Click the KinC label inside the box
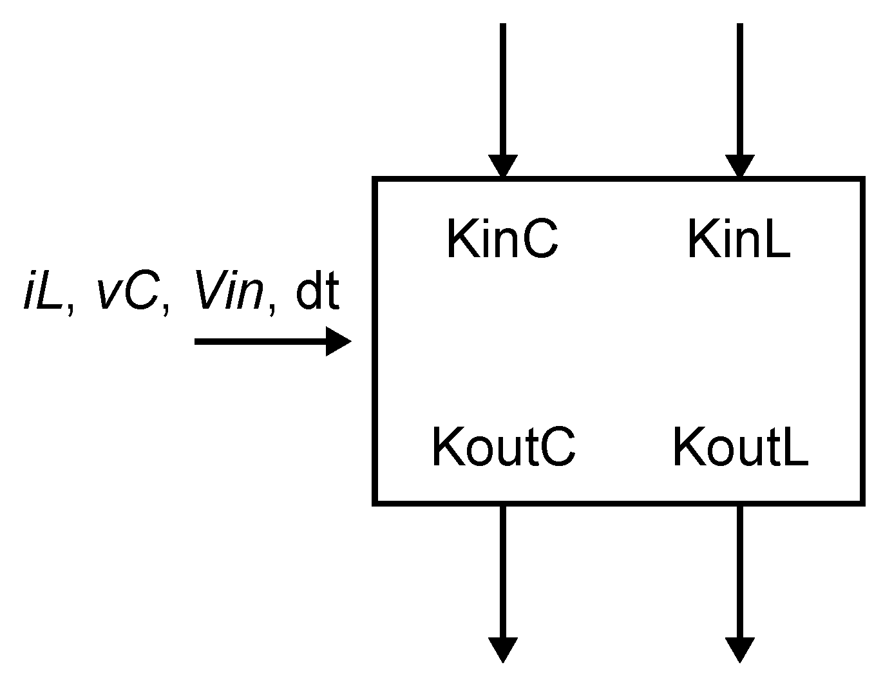click(x=502, y=240)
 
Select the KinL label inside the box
click(x=739, y=240)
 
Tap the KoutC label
click(x=503, y=447)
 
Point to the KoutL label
click(x=740, y=447)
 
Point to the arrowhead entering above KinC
click(x=503, y=166)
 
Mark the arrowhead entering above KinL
click(x=740, y=166)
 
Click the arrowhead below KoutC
click(x=503, y=649)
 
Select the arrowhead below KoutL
click(x=740, y=649)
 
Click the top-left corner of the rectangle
click(x=375, y=179)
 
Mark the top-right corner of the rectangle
click(x=862, y=179)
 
